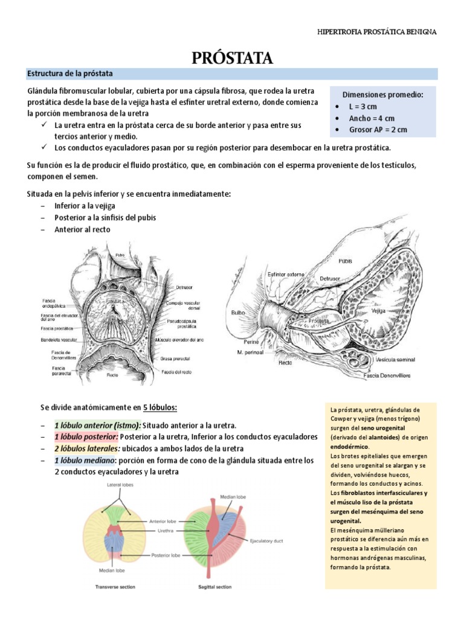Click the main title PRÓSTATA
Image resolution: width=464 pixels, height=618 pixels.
(233, 59)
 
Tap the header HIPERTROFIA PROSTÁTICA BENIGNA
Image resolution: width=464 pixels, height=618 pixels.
(378, 31)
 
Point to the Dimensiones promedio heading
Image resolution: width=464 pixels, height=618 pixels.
(383, 95)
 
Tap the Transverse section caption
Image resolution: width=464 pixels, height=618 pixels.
(115, 587)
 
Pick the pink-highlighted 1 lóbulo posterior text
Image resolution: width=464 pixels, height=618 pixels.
(86, 436)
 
